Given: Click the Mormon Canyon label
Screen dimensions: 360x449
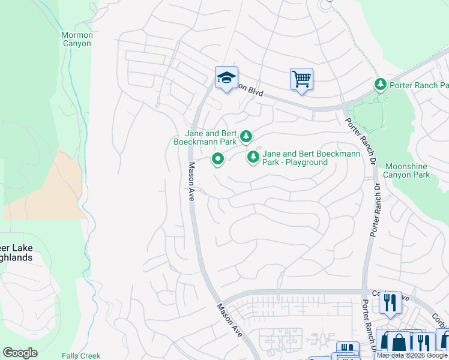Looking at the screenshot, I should tap(77, 40).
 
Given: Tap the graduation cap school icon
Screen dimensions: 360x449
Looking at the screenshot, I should tap(226, 78).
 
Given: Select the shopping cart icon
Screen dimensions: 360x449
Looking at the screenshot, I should tap(301, 78).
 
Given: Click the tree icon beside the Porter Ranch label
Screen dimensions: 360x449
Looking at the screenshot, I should tap(380, 85).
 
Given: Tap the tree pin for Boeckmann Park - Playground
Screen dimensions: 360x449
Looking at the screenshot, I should tap(253, 157).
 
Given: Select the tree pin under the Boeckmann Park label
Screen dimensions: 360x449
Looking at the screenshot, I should tap(246, 137).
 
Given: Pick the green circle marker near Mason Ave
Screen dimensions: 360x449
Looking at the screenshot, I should tap(217, 159).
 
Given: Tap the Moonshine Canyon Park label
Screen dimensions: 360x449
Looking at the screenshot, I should tap(407, 170).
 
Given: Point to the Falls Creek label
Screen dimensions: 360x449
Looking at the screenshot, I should tap(81, 356).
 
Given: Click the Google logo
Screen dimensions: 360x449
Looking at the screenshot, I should tap(20, 353).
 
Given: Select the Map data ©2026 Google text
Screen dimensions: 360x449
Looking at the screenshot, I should tap(412, 356).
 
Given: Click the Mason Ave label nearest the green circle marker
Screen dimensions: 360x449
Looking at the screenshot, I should tap(191, 182).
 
